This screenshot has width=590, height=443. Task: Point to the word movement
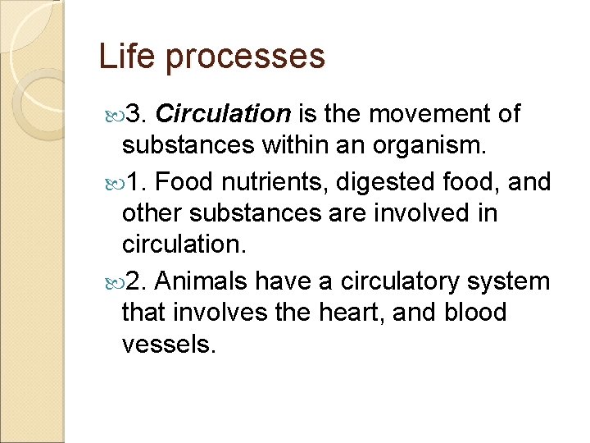click(x=429, y=113)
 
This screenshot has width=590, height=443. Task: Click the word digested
click(x=383, y=181)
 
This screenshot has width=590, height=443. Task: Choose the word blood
click(x=474, y=313)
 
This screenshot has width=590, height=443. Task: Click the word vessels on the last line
click(x=168, y=345)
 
